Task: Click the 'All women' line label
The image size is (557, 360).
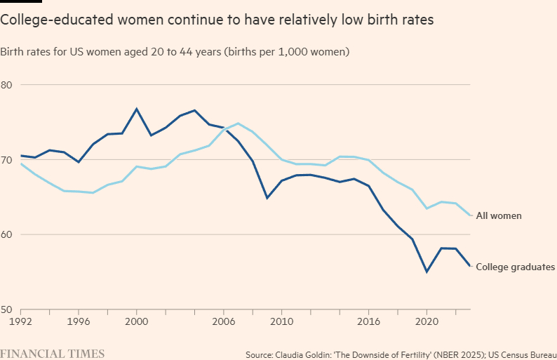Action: [x=499, y=215]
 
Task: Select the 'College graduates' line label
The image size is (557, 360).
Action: [x=516, y=267]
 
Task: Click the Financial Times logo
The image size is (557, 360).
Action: [x=53, y=353]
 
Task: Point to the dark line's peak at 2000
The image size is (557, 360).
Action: [x=136, y=109]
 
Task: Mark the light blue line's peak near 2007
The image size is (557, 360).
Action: [x=238, y=124]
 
